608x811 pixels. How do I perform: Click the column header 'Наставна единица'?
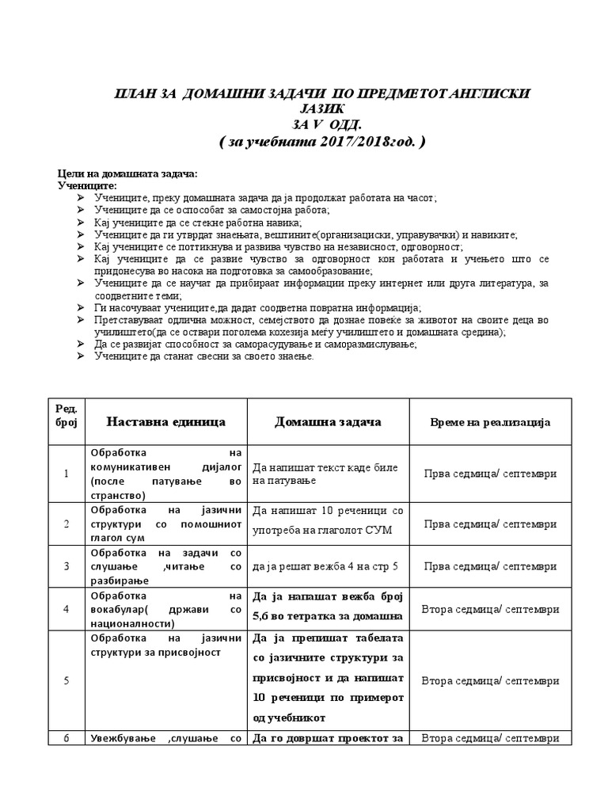click(x=166, y=422)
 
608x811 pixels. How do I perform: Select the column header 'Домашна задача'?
click(x=328, y=422)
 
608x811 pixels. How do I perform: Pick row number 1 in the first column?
click(x=66, y=474)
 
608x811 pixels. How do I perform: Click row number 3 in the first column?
click(x=66, y=566)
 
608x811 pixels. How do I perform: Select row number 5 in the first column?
click(x=66, y=680)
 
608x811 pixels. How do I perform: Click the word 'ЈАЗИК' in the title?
click(x=323, y=109)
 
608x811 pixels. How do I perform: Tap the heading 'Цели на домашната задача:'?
click(x=127, y=173)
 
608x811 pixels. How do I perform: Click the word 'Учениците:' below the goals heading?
click(x=86, y=185)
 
